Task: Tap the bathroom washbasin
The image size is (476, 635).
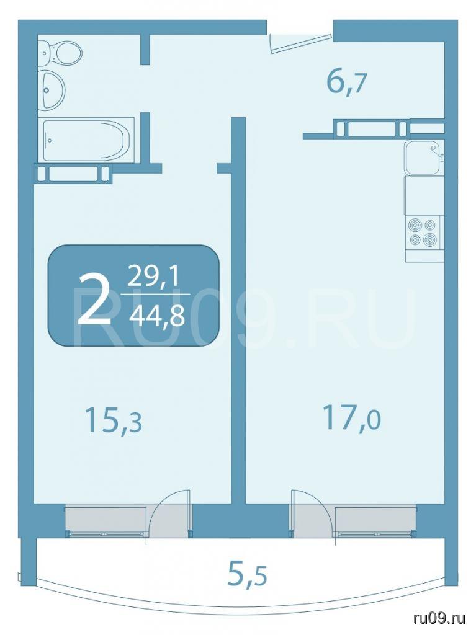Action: [52, 89]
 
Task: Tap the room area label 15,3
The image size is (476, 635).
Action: [114, 420]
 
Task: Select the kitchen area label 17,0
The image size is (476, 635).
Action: [351, 419]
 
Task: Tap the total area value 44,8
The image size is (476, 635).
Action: [156, 314]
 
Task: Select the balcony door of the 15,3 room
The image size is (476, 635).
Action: [170, 513]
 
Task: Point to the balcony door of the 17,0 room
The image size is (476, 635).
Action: [312, 513]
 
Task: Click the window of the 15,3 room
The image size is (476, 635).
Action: [107, 521]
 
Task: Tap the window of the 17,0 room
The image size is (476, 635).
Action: [375, 521]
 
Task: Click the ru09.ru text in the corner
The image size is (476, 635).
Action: [439, 618]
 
